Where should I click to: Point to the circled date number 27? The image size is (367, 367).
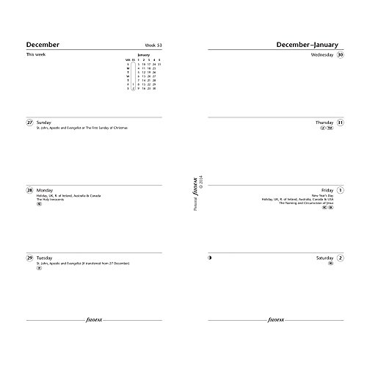coord(30,122)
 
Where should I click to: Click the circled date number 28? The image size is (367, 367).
coord(30,189)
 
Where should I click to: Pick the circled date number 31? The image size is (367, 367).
coord(340,122)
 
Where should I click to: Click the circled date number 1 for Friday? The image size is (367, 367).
coord(340,189)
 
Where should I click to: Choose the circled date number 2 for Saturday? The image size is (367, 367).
coord(340,258)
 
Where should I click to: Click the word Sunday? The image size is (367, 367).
coord(45,122)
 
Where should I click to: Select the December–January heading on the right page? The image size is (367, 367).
coord(309,44)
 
